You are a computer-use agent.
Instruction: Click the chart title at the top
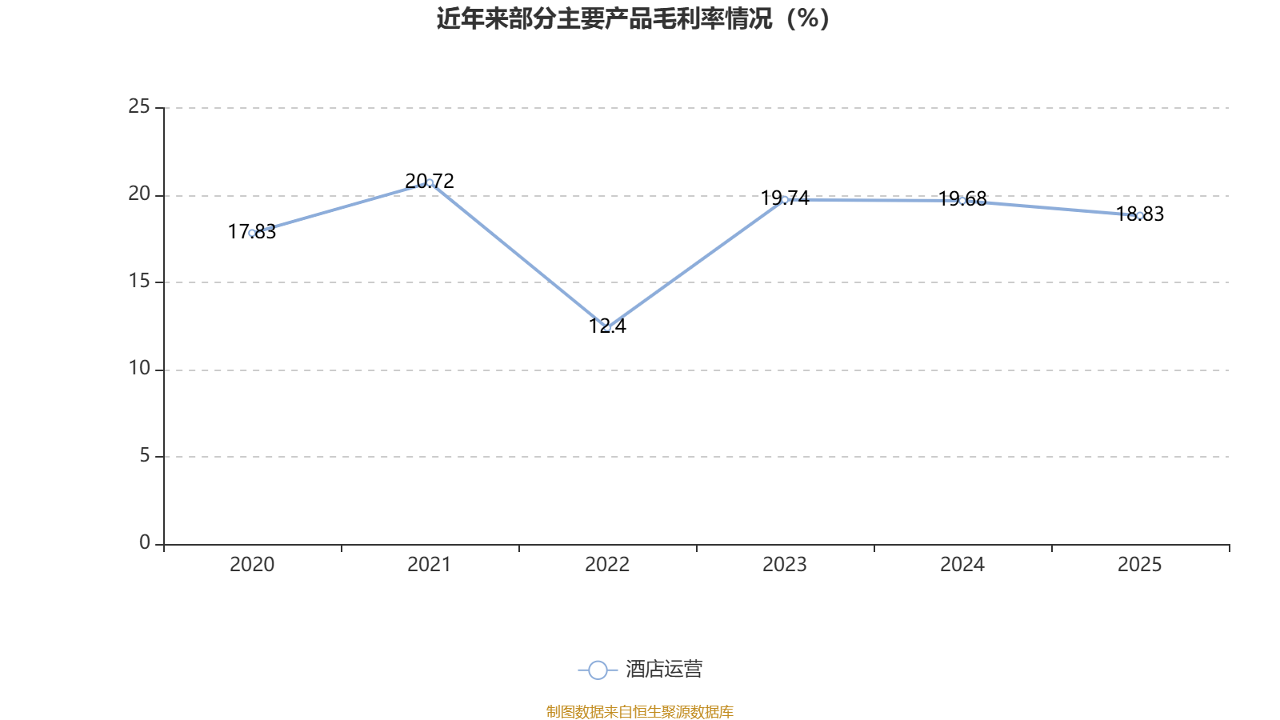pyautogui.click(x=633, y=19)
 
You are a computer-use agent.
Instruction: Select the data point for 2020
pyautogui.click(x=252, y=233)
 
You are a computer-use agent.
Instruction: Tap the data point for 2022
pyautogui.click(x=607, y=328)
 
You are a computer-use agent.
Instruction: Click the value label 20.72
pyautogui.click(x=430, y=181)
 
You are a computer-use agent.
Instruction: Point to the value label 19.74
pyautogui.click(x=785, y=198)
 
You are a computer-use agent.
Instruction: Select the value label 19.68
pyautogui.click(x=962, y=199)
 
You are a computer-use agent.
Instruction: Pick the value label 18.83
pyautogui.click(x=1140, y=214)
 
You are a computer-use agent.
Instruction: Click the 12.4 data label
pyautogui.click(x=607, y=326)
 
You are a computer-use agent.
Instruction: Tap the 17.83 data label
pyautogui.click(x=252, y=231)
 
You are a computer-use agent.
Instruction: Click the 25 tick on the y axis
pyautogui.click(x=139, y=107)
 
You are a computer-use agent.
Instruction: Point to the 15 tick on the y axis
pyautogui.click(x=139, y=282)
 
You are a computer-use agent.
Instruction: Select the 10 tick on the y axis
pyautogui.click(x=139, y=369)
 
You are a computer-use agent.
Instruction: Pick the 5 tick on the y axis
pyautogui.click(x=145, y=456)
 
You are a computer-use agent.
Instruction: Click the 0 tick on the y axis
pyautogui.click(x=145, y=543)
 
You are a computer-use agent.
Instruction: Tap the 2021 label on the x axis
pyautogui.click(x=429, y=565)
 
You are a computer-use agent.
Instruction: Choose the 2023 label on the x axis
pyautogui.click(x=785, y=565)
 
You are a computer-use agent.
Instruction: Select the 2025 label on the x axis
pyautogui.click(x=1139, y=565)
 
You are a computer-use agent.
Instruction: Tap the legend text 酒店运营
pyautogui.click(x=664, y=669)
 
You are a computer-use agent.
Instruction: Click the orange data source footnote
pyautogui.click(x=639, y=711)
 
